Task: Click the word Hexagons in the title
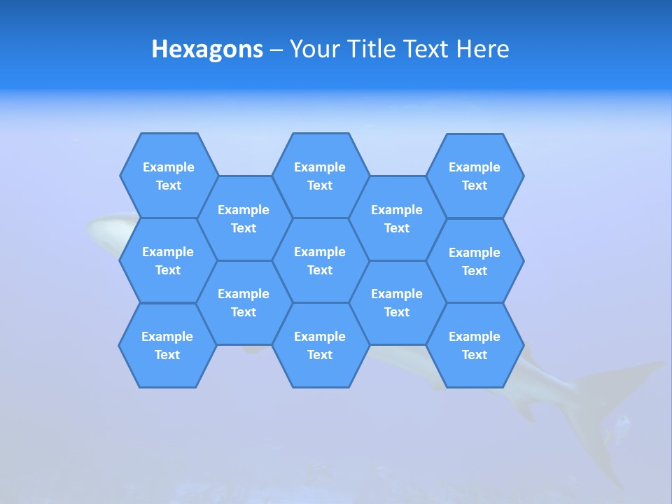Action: tap(207, 49)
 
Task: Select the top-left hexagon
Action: tap(169, 176)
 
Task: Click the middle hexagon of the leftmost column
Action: tap(168, 260)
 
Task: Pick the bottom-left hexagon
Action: tap(167, 345)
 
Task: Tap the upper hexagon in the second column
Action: tap(244, 218)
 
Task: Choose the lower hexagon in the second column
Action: tap(244, 302)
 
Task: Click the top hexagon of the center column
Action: tap(320, 176)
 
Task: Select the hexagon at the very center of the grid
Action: tap(320, 260)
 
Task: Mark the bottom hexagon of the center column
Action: tap(320, 345)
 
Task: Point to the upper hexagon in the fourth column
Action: tap(397, 218)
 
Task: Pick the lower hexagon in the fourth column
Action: tap(397, 302)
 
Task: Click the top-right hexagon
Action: tap(475, 176)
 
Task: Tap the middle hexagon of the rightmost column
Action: tap(475, 261)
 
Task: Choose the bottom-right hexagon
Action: tap(475, 345)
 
